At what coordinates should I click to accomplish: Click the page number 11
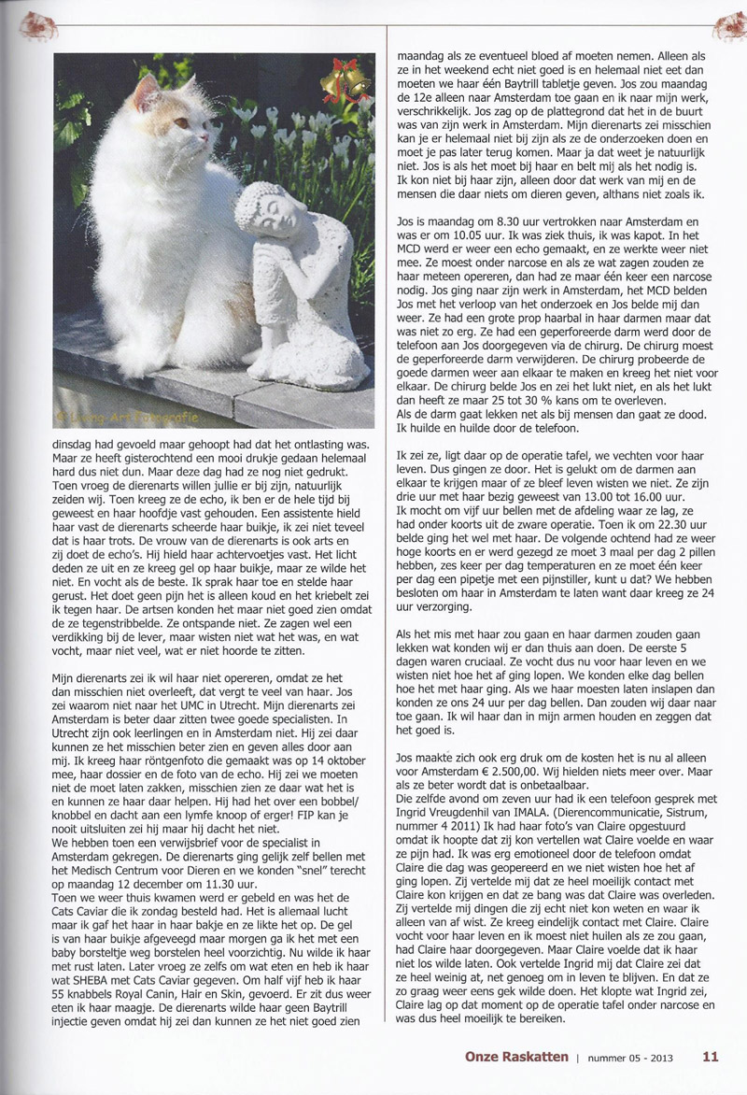click(711, 1058)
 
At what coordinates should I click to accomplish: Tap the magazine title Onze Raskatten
click(516, 1058)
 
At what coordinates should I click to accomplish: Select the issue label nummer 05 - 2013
click(633, 1058)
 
